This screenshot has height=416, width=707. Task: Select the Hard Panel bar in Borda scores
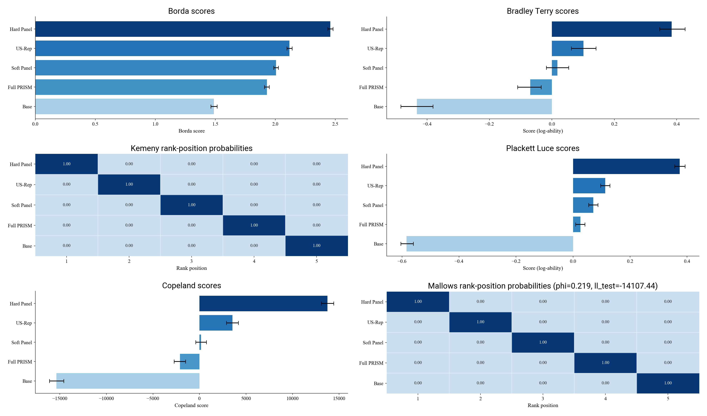(182, 29)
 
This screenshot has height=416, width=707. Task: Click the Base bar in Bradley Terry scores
(484, 107)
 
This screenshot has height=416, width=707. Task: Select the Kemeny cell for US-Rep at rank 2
(129, 184)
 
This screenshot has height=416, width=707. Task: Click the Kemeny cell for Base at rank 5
(317, 246)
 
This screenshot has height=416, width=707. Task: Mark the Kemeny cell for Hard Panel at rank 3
(192, 164)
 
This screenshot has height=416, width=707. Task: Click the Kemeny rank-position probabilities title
(191, 148)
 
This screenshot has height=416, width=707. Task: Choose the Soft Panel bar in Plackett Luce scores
(583, 205)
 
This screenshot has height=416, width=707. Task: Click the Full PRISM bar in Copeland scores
(190, 361)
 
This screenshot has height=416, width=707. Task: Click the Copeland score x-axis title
(191, 405)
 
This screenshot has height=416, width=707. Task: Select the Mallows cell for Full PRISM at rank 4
(605, 363)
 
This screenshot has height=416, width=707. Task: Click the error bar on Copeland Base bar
(57, 381)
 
